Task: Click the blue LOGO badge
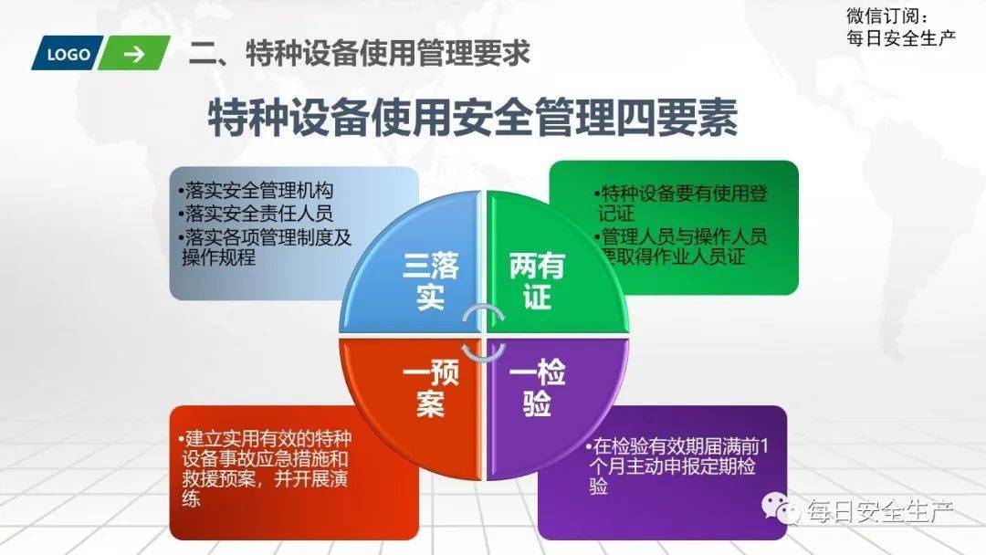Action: point(68,53)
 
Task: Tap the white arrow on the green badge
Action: point(134,55)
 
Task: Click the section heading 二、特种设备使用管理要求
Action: point(359,53)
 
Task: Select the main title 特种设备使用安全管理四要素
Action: point(472,117)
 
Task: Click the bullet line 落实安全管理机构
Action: point(256,191)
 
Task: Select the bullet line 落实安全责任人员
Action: point(256,214)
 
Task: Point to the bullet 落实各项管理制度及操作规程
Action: point(265,247)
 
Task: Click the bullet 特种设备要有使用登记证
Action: point(681,203)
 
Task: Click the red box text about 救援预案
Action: point(265,468)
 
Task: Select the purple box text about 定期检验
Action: point(677,466)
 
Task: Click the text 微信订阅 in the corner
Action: point(886,16)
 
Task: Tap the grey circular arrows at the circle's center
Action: point(483,334)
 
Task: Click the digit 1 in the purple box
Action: point(764,447)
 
